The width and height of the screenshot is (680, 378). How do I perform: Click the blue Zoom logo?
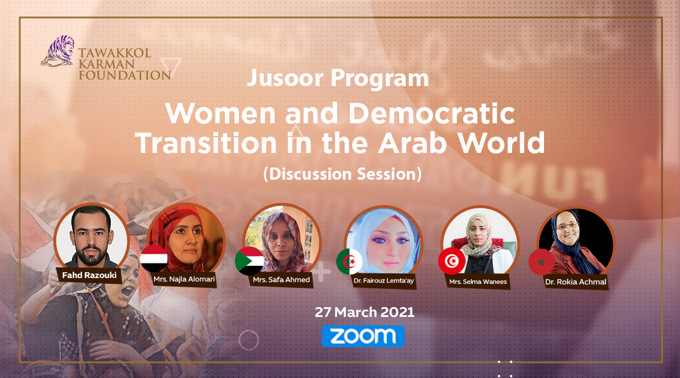point(363,336)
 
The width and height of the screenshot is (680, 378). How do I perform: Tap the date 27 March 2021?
point(364,312)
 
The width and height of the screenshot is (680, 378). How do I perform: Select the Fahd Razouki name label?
point(88,274)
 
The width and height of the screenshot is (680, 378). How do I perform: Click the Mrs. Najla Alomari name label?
point(183,280)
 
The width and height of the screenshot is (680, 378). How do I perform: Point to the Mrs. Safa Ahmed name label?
point(282,280)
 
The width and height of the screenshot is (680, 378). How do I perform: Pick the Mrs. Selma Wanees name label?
point(478,282)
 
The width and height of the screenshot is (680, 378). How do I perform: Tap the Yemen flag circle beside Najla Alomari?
point(154,259)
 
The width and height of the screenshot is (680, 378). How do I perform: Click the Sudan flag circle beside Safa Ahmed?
point(249,261)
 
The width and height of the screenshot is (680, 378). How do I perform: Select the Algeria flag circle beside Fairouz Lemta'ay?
point(349,262)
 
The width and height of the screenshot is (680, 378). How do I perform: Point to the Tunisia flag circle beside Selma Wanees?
point(452,261)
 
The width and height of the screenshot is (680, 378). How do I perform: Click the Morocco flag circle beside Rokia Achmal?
point(542,262)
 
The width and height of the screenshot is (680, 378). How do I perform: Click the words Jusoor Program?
point(338,79)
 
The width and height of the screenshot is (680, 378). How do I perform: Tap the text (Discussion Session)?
point(342,174)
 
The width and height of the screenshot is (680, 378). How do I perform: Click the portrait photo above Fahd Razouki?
point(91,237)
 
